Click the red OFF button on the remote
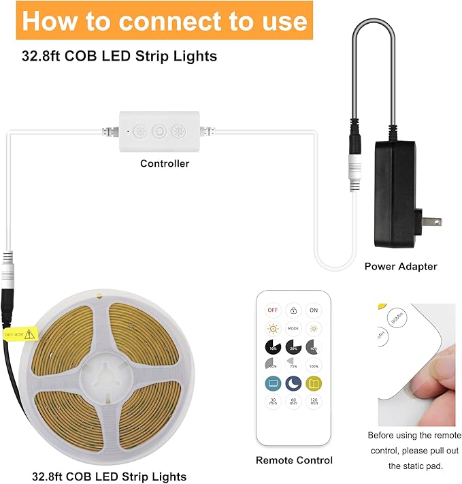(x=273, y=310)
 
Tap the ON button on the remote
(x=314, y=310)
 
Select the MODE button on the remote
(x=293, y=328)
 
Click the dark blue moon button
(x=293, y=384)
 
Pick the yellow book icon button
(x=314, y=384)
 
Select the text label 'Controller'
(x=165, y=163)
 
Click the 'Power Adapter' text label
(x=401, y=266)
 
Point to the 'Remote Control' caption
(x=294, y=460)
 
